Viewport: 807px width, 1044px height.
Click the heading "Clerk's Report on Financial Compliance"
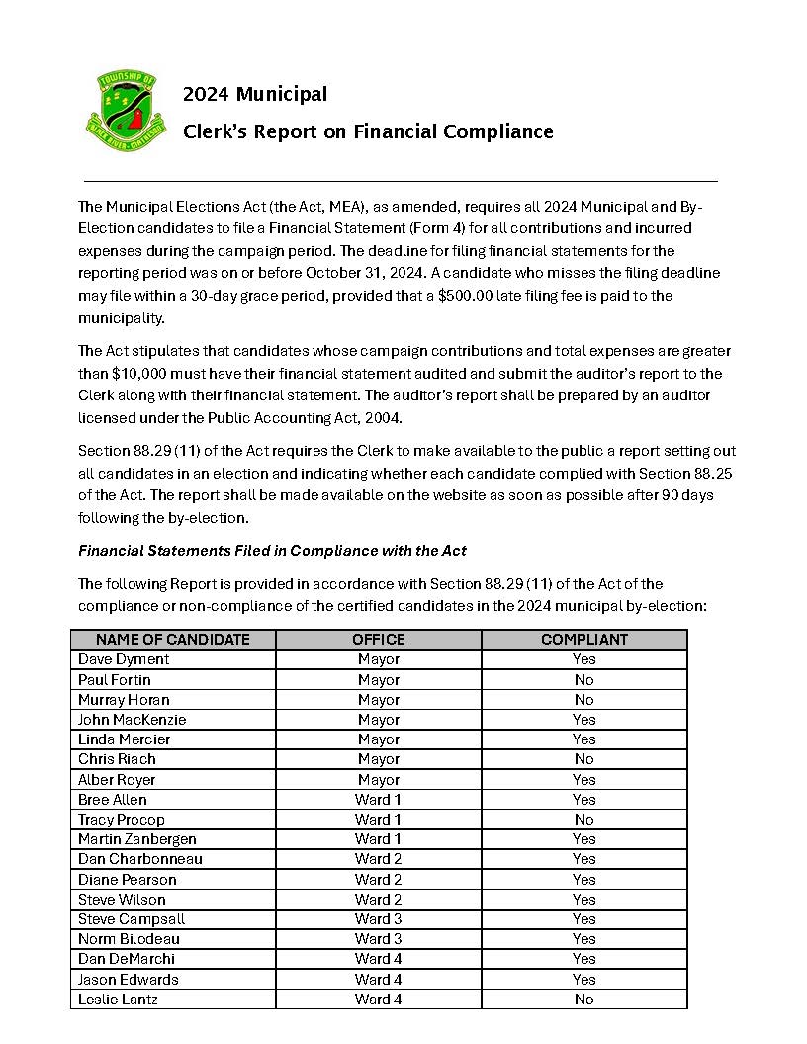[x=368, y=131]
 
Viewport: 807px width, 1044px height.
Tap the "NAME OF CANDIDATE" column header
[x=173, y=640]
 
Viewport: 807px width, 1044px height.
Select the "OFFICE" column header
[x=379, y=640]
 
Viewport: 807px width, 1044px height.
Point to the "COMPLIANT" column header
[x=584, y=640]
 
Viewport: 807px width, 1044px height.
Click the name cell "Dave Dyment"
[x=124, y=659]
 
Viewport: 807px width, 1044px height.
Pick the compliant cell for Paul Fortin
[x=584, y=679]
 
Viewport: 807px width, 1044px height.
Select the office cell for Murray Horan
[x=379, y=699]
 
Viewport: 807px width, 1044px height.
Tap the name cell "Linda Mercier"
[x=125, y=739]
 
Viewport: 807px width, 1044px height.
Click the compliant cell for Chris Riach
[x=584, y=759]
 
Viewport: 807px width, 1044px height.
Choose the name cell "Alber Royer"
[x=117, y=779]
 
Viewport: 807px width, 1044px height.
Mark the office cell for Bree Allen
[x=379, y=799]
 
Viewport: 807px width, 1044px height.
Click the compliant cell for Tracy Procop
[x=584, y=819]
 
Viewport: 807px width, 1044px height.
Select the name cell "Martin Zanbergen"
[x=137, y=839]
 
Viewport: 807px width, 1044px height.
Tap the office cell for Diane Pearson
[x=379, y=879]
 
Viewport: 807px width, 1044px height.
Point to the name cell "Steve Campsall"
[x=132, y=919]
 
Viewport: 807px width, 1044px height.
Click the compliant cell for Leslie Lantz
[x=584, y=1000]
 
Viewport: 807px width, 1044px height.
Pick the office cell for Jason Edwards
[x=379, y=979]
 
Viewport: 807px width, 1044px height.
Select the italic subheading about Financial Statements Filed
[x=272, y=550]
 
